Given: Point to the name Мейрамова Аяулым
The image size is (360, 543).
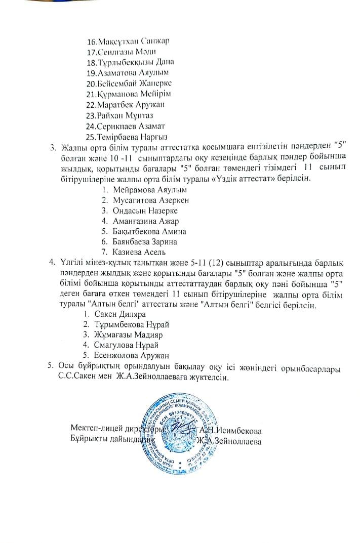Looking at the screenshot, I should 150,190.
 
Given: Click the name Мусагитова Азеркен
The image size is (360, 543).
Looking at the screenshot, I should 151,200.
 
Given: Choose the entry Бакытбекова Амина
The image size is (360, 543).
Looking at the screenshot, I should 150,231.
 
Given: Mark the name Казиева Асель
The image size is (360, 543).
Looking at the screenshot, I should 139,252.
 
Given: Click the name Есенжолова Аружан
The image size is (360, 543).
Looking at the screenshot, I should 131,356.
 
